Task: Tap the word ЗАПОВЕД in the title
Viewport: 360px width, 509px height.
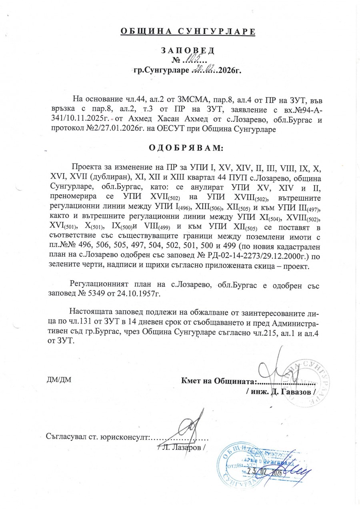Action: (x=188, y=51)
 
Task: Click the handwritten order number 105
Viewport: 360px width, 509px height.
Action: (x=195, y=60)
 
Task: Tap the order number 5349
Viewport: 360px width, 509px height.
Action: (x=102, y=293)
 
